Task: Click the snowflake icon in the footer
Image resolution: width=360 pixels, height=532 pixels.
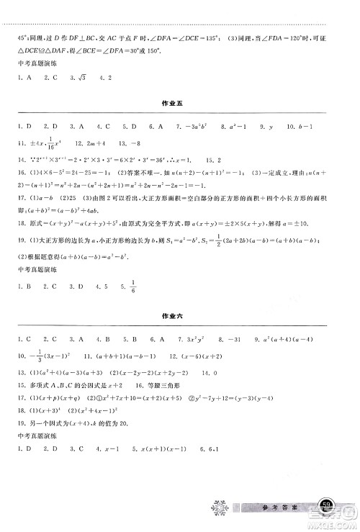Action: (x=217, y=508)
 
